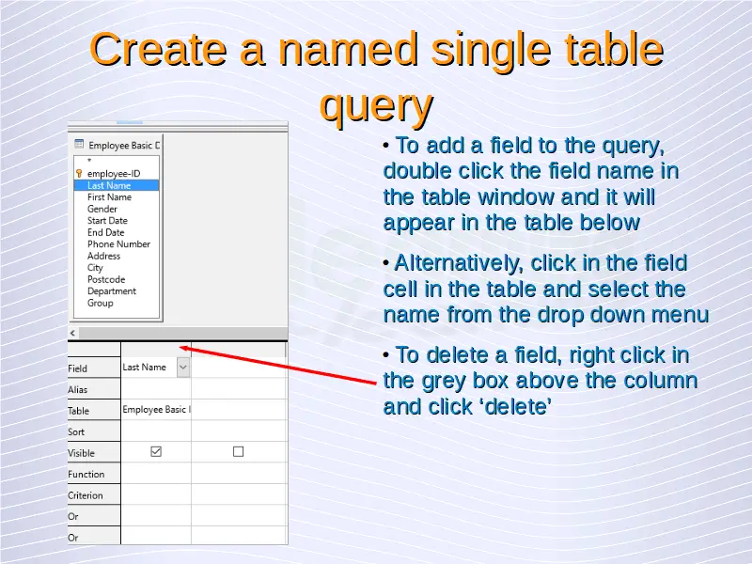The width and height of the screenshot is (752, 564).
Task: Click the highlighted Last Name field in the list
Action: [x=116, y=185]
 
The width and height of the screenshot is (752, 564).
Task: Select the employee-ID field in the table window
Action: [x=114, y=174]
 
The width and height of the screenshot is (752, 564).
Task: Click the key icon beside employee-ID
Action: [x=79, y=173]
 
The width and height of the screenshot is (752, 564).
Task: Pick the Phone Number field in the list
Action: [x=118, y=244]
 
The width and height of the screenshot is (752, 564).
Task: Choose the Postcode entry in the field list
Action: [x=106, y=279]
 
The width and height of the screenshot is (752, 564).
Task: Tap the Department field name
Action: [x=111, y=291]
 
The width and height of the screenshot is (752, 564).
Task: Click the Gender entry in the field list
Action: [x=102, y=209]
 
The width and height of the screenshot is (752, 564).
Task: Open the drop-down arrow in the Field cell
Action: [x=183, y=368]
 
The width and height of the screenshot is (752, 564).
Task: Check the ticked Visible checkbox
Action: [x=156, y=451]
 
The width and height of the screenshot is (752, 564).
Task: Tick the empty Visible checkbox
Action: [x=239, y=451]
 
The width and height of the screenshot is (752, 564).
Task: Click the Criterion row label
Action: [x=86, y=495]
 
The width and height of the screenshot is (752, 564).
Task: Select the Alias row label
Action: [x=78, y=389]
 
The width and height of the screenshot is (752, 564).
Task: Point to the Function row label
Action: [x=86, y=475]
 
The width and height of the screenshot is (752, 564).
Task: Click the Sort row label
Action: [x=76, y=431]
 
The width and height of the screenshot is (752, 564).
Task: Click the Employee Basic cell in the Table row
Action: [x=156, y=410]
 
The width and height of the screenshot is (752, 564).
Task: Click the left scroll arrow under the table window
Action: [x=72, y=333]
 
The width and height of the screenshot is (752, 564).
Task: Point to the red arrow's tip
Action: [x=179, y=347]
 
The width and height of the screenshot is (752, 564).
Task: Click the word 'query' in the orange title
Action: [x=377, y=105]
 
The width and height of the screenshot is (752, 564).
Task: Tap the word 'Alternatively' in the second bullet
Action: [x=459, y=263]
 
